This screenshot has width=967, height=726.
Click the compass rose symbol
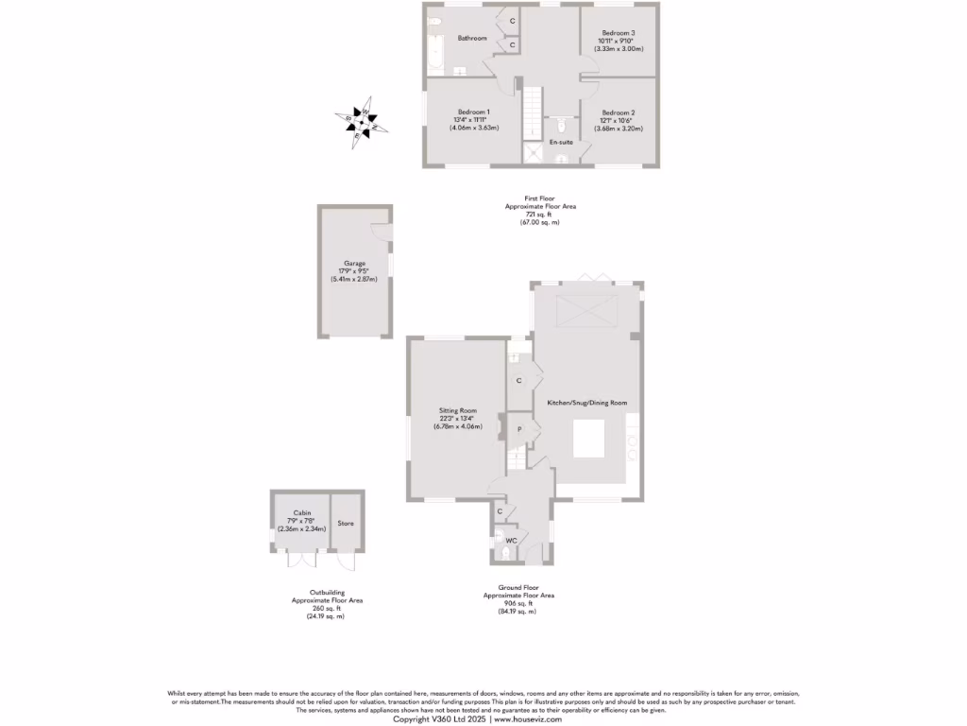(x=362, y=121)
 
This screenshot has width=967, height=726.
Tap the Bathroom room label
(x=472, y=38)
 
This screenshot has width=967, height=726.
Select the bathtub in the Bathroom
(x=435, y=45)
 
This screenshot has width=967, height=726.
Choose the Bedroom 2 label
(x=618, y=112)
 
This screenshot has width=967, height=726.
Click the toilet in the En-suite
(x=561, y=124)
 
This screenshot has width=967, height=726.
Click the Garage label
(x=354, y=264)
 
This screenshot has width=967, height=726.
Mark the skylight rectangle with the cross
(x=580, y=310)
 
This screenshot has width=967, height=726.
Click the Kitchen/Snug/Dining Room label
(x=587, y=403)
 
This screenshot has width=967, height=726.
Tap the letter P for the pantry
(x=518, y=429)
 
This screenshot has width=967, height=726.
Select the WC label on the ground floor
(x=511, y=541)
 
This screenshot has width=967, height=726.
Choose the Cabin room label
(x=301, y=512)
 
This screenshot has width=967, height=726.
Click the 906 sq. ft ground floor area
(x=518, y=603)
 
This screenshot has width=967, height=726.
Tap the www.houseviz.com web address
(x=528, y=719)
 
